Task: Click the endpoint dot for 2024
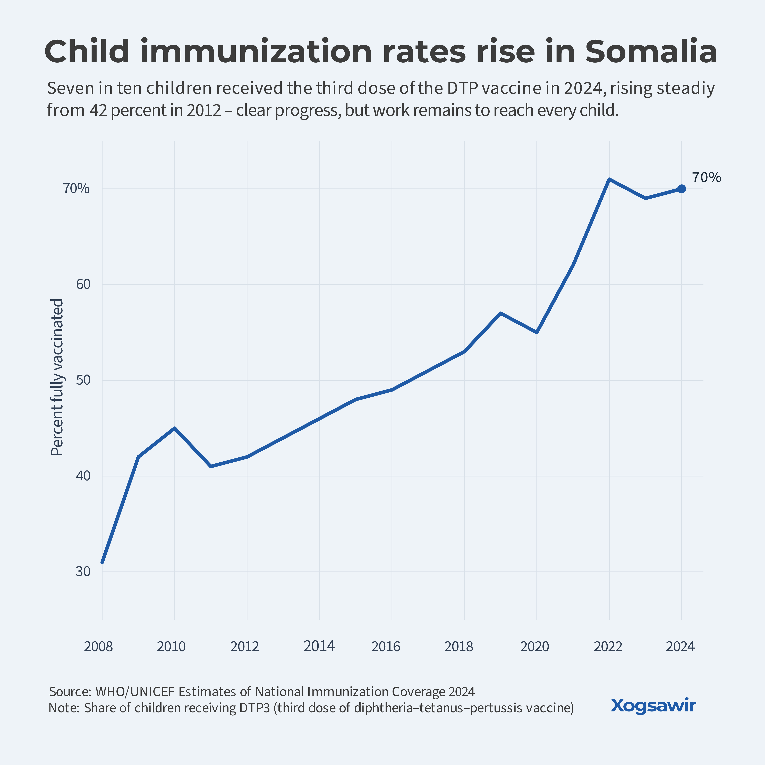point(682,189)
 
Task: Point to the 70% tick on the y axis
point(76,189)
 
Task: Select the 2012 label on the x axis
point(245,647)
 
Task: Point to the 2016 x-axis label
point(386,647)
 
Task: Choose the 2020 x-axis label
point(534,647)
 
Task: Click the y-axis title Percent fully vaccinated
point(57,377)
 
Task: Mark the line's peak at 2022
point(609,179)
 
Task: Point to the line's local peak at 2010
point(175,428)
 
